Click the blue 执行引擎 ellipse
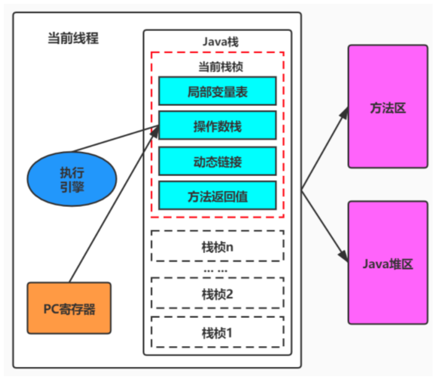(72, 179)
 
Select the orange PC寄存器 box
(69, 308)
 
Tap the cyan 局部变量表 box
(217, 91)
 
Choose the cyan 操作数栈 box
(217, 126)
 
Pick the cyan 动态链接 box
(217, 161)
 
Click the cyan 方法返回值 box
(217, 195)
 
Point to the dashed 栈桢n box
(217, 246)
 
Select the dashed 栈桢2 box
(217, 293)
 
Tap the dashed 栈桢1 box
(217, 332)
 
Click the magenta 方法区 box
(388, 106)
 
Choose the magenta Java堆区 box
(388, 263)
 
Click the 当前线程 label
(73, 38)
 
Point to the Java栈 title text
(221, 42)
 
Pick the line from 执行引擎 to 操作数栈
(116, 139)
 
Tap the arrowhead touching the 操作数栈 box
(155, 132)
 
